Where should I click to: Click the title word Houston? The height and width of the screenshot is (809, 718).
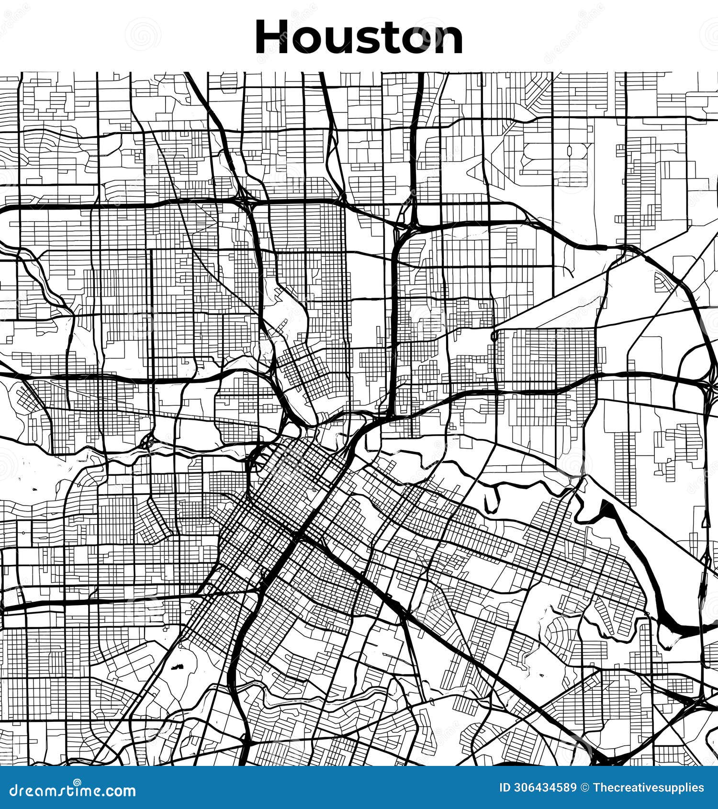(359, 37)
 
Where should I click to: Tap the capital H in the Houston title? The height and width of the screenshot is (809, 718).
(273, 37)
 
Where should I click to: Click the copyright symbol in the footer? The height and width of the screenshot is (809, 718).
(584, 788)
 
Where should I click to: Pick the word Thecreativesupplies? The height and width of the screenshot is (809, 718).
(648, 788)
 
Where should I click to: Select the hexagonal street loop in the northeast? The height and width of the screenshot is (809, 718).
(571, 150)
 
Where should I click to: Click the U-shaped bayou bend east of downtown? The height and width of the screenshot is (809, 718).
(493, 500)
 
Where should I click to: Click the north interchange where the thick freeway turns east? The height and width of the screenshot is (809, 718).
(412, 225)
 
